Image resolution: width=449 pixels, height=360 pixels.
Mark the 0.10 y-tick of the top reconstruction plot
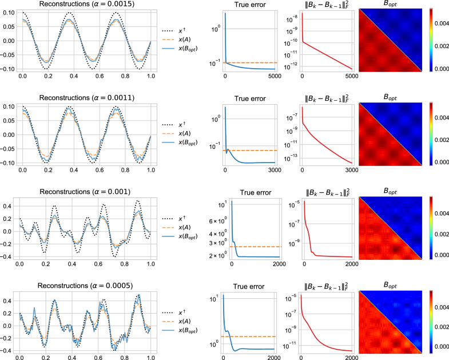pyautogui.click(x=10, y=11)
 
